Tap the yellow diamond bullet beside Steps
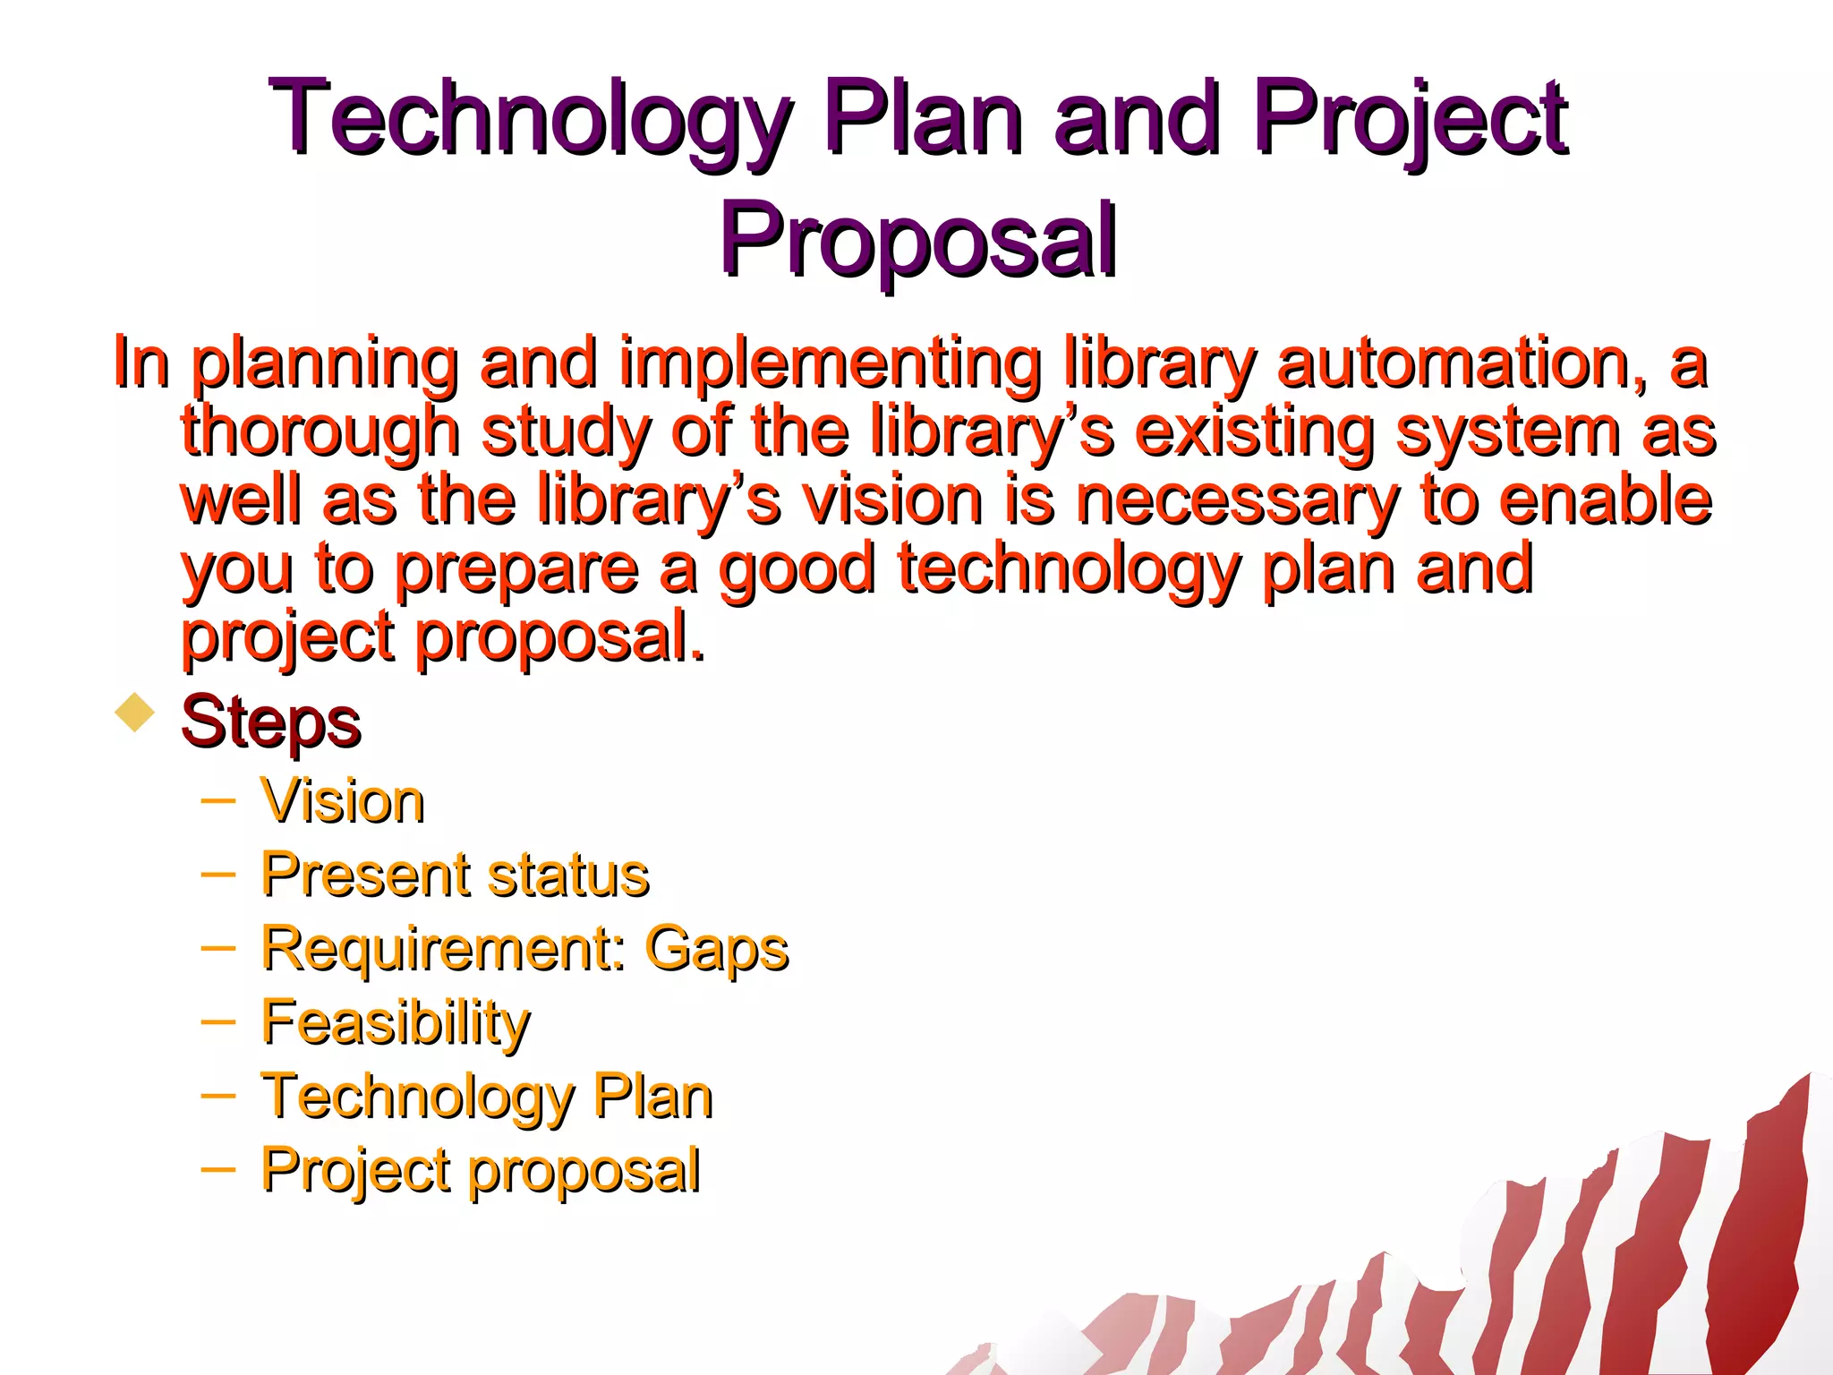[x=135, y=713]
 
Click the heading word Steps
[x=270, y=722]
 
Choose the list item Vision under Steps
[x=342, y=801]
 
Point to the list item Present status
[x=455, y=875]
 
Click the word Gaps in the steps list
[x=716, y=949]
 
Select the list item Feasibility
[x=396, y=1022]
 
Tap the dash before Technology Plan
[x=218, y=1095]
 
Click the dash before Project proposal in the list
[x=218, y=1168]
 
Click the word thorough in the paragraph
[x=320, y=433]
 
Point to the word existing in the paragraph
[x=1254, y=433]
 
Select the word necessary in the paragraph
[x=1237, y=501]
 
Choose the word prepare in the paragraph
[x=517, y=570]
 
